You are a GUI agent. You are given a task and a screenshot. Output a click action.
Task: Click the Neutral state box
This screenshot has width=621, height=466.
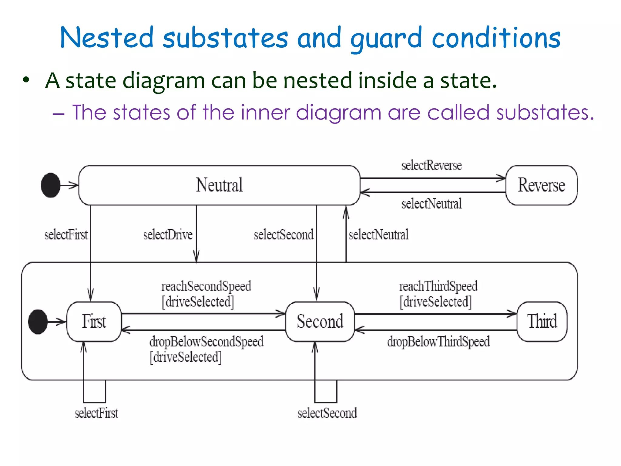(219, 185)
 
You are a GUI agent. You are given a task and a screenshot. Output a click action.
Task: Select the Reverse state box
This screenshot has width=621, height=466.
(541, 185)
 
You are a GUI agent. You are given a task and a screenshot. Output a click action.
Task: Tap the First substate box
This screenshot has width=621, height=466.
(94, 322)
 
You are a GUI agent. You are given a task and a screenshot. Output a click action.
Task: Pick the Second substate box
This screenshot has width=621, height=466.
(320, 322)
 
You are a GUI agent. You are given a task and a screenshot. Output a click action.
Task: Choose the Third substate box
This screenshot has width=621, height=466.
(542, 322)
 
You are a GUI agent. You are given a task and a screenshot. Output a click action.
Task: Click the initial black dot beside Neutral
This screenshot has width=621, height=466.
(51, 185)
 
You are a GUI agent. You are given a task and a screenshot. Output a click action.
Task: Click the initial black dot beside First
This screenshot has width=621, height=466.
(38, 322)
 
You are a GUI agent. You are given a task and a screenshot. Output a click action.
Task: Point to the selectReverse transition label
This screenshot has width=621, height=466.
(431, 166)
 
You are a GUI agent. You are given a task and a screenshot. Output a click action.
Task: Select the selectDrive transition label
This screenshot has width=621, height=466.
(168, 235)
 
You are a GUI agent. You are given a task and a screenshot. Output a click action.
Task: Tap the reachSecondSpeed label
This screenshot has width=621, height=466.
(206, 286)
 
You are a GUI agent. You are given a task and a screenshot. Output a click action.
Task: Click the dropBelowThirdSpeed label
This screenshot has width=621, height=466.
(438, 342)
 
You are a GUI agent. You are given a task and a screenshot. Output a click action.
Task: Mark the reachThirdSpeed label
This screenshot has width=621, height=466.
(438, 286)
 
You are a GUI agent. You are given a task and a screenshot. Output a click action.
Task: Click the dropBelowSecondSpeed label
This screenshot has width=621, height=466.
(206, 342)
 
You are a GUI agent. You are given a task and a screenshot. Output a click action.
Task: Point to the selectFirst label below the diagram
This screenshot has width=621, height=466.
(96, 413)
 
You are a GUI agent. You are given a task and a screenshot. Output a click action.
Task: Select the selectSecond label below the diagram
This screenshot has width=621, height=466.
(327, 413)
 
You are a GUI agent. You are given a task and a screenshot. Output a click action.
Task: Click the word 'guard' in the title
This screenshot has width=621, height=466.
(386, 39)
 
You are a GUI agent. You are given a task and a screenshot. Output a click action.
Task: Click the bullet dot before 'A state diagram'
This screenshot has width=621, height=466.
(26, 80)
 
